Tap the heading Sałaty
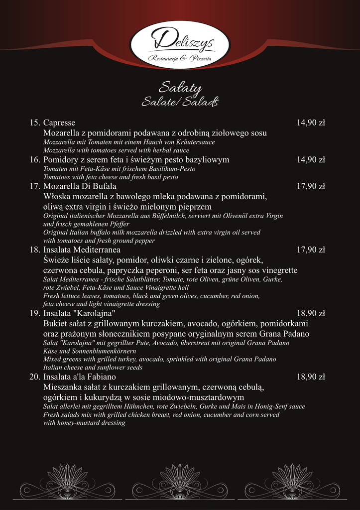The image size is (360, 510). coord(180,89)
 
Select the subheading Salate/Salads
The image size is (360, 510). coord(180,102)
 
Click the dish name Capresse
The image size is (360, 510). coord(59,123)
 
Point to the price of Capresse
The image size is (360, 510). coord(311,123)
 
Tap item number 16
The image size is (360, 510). coord(34,160)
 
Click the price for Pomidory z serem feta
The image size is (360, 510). coord(311,160)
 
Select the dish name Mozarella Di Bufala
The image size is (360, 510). coord(73,186)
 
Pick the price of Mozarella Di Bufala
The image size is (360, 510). coord(311,186)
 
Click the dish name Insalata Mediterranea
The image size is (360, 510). coord(82,250)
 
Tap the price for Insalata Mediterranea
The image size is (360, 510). coord(311,250)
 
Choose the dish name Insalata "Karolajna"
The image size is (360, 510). coord(79,313)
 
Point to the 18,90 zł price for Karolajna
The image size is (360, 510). coord(311,313)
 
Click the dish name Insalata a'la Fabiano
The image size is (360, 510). coord(80,377)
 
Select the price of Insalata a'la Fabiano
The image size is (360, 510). coord(311,377)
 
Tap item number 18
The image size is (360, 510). coord(34,250)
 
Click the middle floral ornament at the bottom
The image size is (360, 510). coord(180,481)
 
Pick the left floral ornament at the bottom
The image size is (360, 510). coord(67,481)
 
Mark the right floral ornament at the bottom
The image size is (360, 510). coord(292,481)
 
